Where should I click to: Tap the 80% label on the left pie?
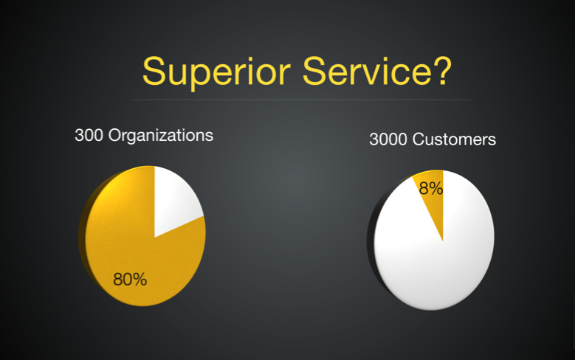click(130, 279)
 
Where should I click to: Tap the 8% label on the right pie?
click(430, 188)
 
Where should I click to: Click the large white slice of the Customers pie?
click(443, 266)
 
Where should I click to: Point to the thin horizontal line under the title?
click(300, 99)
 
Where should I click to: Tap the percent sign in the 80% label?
click(139, 279)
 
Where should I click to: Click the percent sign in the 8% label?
click(436, 188)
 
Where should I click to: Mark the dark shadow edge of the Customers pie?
click(371, 243)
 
